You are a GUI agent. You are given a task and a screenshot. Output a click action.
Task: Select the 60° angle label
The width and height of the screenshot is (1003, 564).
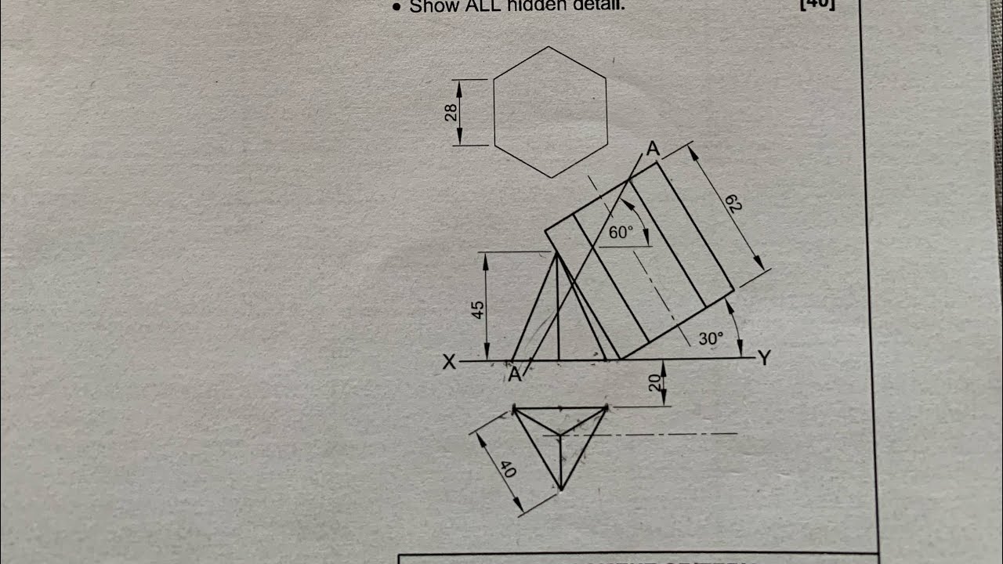click(621, 233)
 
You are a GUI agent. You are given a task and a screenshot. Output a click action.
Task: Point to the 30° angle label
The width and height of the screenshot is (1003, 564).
click(711, 339)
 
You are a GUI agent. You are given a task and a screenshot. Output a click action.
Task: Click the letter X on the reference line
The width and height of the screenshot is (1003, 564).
click(449, 362)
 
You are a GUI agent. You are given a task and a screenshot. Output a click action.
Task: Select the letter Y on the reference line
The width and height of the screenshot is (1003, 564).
click(764, 359)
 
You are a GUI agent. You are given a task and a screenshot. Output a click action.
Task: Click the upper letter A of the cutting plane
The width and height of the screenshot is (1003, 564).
click(652, 149)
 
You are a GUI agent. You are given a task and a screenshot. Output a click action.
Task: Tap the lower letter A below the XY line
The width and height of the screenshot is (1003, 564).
click(514, 375)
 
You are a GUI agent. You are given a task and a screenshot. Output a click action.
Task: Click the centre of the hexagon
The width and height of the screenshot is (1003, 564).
click(550, 112)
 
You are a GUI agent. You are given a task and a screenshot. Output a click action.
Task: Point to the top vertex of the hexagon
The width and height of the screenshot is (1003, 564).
click(549, 47)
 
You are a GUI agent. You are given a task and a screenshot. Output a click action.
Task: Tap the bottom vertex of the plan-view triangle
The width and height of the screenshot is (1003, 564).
click(560, 490)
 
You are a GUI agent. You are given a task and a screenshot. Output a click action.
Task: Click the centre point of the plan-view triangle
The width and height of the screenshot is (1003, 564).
click(560, 434)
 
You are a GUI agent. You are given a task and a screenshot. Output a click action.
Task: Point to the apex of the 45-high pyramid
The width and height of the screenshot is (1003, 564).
click(556, 252)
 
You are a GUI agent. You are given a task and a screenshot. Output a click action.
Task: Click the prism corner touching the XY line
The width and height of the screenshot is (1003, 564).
click(621, 360)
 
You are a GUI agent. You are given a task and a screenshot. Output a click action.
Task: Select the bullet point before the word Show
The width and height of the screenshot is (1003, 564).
click(396, 8)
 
